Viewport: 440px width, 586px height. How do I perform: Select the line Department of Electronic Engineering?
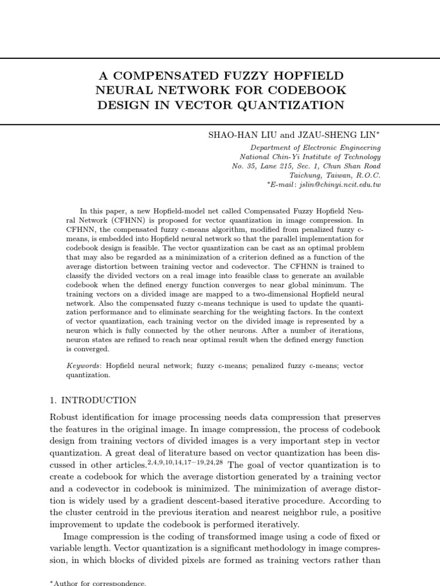tap(316, 148)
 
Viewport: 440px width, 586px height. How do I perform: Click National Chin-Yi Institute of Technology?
tap(310, 157)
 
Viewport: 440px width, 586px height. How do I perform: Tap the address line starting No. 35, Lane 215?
tap(306, 166)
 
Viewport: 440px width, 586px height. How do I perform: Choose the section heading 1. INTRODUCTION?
tap(94, 401)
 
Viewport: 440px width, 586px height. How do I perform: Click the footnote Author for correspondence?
tap(99, 583)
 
